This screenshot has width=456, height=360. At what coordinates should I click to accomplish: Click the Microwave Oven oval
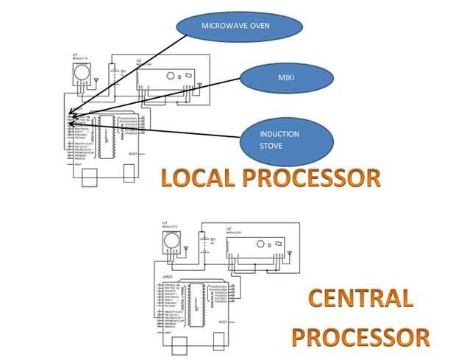[x=240, y=28]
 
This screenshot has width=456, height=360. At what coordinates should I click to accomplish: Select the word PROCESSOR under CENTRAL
[x=360, y=337]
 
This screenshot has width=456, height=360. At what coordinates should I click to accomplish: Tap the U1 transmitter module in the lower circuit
[x=171, y=240]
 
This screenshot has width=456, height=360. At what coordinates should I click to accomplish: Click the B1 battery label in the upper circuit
[x=124, y=71]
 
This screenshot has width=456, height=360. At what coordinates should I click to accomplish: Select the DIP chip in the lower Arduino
[x=197, y=301]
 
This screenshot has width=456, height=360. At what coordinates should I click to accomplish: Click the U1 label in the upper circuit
[x=74, y=55]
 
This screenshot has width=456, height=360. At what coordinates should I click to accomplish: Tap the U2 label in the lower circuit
[x=229, y=229]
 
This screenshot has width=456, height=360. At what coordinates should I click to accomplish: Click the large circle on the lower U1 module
[x=171, y=239]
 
